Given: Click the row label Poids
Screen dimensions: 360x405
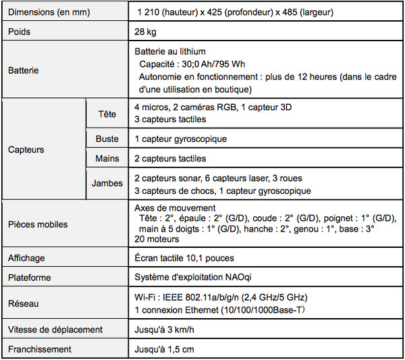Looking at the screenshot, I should (x=20, y=32).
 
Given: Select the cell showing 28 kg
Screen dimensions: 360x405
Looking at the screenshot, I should (x=146, y=32).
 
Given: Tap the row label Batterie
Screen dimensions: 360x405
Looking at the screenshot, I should (x=24, y=70).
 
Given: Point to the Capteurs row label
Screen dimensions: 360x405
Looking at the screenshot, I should (x=26, y=149).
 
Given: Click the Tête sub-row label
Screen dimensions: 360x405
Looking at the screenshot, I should (x=107, y=113).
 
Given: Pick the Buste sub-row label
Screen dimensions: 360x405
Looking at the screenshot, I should (x=107, y=139).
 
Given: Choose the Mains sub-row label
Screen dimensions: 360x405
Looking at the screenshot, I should (x=107, y=159).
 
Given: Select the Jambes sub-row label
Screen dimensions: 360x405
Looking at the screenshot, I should (x=107, y=184).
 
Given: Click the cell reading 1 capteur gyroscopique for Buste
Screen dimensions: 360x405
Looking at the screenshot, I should (x=180, y=139).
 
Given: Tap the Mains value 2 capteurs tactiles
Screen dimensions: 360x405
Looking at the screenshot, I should (x=170, y=159).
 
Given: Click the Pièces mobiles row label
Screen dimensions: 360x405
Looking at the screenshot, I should (x=38, y=224).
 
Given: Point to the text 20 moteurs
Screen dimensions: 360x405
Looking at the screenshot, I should (x=157, y=239).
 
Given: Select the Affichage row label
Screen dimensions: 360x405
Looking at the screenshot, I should (x=26, y=258).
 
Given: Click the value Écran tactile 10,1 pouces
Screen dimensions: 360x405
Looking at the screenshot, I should (x=184, y=258).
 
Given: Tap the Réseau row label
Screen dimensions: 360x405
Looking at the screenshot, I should (x=24, y=304).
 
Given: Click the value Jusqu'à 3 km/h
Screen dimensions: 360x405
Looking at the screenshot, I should (x=165, y=330).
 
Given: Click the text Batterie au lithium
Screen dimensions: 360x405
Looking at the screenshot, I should (x=170, y=51).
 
